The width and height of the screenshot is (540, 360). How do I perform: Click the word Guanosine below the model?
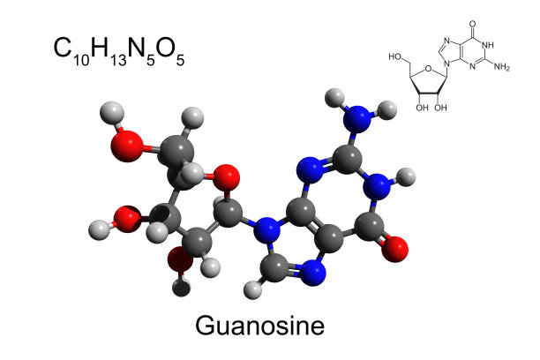[x=259, y=326]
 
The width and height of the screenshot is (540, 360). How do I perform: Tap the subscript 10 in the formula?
[x=81, y=60]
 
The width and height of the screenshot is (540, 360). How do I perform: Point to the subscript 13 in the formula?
[x=119, y=60]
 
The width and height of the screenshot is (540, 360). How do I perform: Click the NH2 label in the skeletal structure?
[x=501, y=66]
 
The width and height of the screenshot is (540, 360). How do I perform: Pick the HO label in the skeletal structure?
[x=395, y=56]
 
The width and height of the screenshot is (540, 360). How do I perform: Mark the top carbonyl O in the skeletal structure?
[x=473, y=24]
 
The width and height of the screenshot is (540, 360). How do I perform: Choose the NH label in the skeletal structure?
[x=488, y=45]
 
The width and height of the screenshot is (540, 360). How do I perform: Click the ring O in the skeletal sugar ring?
[x=428, y=69]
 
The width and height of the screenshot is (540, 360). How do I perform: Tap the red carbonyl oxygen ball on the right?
[x=394, y=249]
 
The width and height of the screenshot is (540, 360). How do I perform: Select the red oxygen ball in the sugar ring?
[x=226, y=177]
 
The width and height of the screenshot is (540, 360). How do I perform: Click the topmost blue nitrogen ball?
[x=357, y=119]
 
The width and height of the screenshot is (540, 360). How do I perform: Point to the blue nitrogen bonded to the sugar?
[x=266, y=229]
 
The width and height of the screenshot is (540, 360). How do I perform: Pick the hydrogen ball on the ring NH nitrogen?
[x=407, y=177]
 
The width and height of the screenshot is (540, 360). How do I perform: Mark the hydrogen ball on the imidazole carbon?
[x=253, y=290]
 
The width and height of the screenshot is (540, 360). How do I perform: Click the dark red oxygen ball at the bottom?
[x=180, y=259]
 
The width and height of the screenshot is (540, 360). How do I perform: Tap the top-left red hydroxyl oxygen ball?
[x=126, y=146]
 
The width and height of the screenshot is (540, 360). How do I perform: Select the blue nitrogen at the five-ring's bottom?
[x=312, y=272]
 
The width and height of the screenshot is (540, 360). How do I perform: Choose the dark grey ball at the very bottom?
[x=182, y=287]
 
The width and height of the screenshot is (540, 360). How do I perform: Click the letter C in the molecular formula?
[x=63, y=47]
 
